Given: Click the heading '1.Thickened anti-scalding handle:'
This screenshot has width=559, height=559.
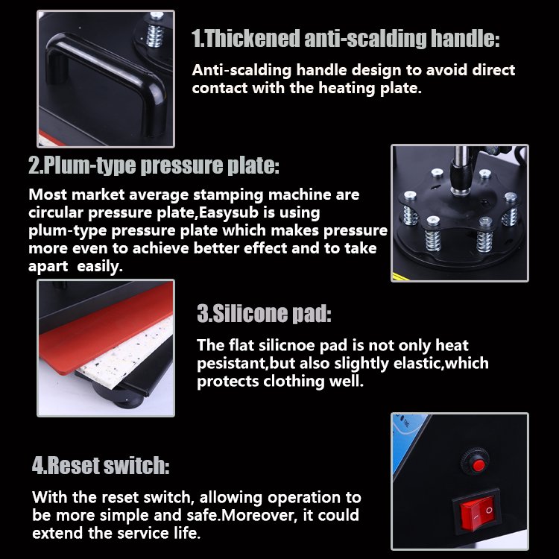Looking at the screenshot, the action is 345,39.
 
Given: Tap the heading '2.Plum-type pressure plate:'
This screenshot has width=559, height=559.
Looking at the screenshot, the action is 154,165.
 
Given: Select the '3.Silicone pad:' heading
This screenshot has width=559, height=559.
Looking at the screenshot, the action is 264,313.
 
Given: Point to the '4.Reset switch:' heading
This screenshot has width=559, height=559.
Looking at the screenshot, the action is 101,465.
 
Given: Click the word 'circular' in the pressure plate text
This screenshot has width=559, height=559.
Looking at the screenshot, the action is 56,212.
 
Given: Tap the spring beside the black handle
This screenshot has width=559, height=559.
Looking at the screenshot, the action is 156,31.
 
